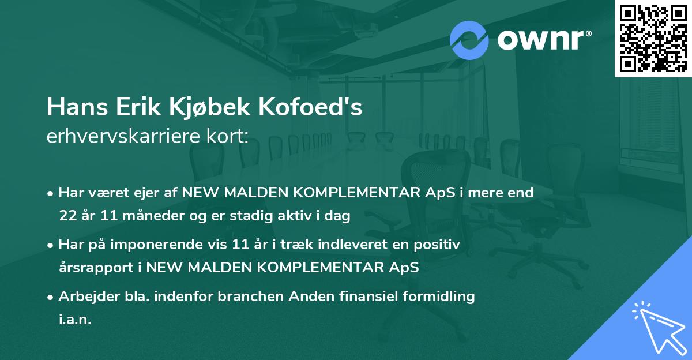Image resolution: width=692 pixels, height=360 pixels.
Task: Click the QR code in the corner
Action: coord(653,38)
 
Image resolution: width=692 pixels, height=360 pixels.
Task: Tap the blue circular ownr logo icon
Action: coord(469,39)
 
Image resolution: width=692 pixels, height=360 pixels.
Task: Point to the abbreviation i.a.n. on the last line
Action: coord(75,320)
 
